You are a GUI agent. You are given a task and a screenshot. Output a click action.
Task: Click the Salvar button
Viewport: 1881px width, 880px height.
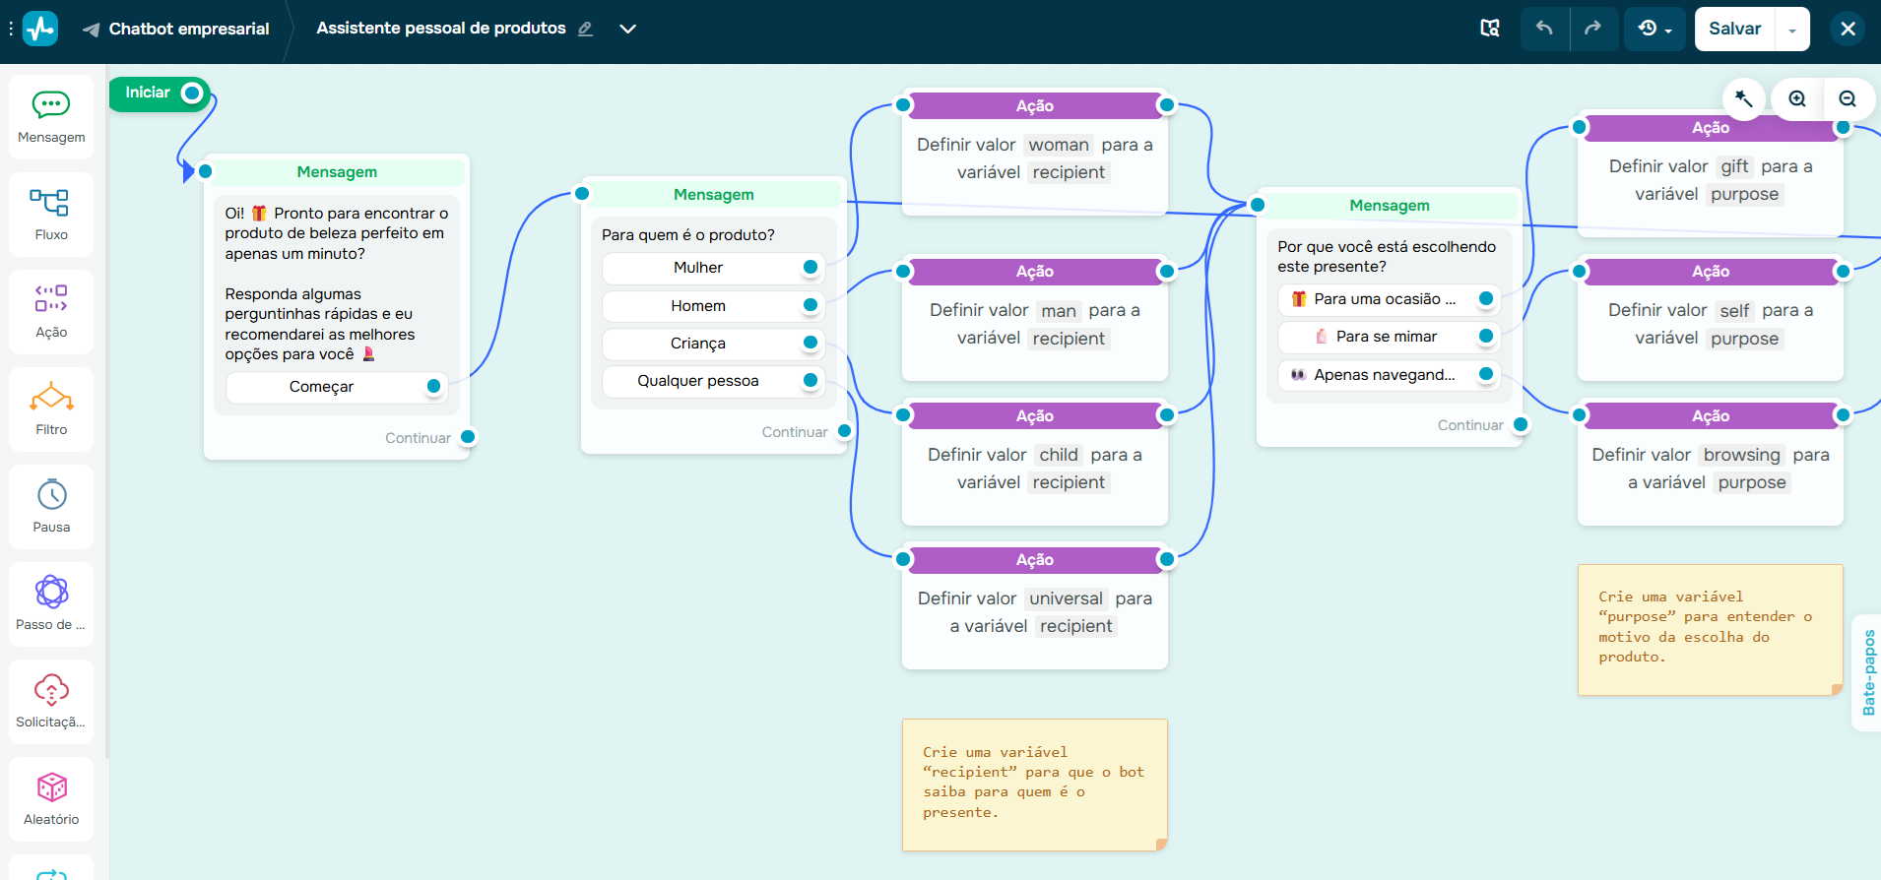[1734, 29]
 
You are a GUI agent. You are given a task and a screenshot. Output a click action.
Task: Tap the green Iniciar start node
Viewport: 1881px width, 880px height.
[149, 94]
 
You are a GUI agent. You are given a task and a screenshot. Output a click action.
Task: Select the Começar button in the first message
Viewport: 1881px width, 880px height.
[322, 387]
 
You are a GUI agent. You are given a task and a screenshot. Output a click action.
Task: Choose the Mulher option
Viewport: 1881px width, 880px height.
[698, 268]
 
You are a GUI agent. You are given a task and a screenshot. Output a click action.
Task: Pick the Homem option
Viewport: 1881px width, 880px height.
[698, 306]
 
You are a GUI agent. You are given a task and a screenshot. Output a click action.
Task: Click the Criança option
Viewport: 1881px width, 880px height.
[698, 344]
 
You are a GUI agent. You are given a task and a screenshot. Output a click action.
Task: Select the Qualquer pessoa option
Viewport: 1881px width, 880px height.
[698, 381]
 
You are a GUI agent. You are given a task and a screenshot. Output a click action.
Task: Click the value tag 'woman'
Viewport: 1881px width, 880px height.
[1059, 145]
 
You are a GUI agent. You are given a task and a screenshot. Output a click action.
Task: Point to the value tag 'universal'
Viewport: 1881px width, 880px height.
[1066, 598]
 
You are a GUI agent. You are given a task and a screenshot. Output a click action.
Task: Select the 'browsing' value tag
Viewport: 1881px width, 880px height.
[1741, 455]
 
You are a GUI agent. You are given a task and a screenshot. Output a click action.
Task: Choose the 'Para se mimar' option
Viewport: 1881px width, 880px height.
[1386, 337]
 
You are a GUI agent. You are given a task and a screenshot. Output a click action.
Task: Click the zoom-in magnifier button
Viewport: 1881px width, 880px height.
[1797, 98]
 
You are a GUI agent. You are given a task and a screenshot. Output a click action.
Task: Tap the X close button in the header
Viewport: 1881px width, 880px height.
[1848, 29]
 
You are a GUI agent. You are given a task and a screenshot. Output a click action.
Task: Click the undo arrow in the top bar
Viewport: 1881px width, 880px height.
[1543, 29]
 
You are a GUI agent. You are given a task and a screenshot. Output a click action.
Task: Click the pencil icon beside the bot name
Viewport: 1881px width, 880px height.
[585, 29]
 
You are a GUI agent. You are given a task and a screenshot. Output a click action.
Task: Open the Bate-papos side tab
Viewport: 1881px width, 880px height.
[1868, 672]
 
